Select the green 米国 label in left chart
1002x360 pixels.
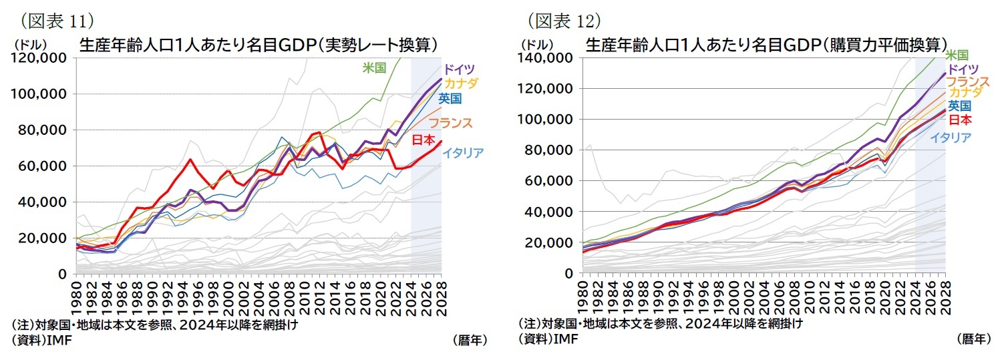[375, 67]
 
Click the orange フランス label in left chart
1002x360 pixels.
[450, 123]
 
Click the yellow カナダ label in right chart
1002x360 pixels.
[965, 92]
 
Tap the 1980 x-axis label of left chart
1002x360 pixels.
[77, 295]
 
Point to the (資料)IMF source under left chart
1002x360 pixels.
[41, 340]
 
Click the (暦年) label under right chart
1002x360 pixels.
[973, 339]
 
